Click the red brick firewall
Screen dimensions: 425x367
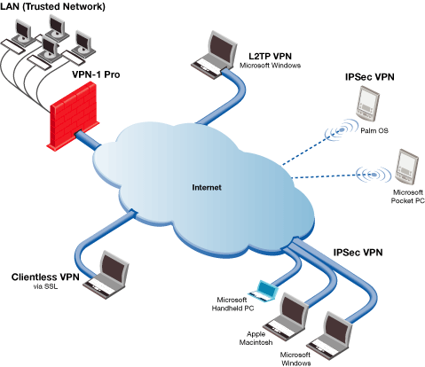coord(73,117)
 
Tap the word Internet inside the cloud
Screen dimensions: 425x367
coord(207,187)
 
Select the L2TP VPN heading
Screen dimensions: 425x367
coord(270,56)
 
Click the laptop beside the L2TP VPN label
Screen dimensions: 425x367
coord(214,55)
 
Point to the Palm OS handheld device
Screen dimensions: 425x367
coord(367,104)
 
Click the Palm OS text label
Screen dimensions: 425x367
coord(374,130)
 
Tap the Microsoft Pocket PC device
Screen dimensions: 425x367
coord(407,167)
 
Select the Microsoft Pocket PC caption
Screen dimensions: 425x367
coord(407,197)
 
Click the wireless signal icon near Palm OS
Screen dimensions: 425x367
coord(341,130)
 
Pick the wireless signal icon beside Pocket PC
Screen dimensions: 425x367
coord(374,175)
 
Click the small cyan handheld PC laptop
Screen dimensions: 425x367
coord(264,291)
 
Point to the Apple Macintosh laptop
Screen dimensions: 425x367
coord(286,315)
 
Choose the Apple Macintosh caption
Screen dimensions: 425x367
coord(256,339)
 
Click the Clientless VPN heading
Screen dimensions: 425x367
coord(45,277)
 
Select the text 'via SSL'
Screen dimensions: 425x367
coord(45,286)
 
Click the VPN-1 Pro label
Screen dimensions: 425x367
coord(96,74)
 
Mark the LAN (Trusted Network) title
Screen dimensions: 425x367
coord(52,6)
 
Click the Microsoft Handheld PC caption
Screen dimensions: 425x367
coord(232,304)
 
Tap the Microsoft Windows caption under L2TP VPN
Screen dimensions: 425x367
coord(270,66)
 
